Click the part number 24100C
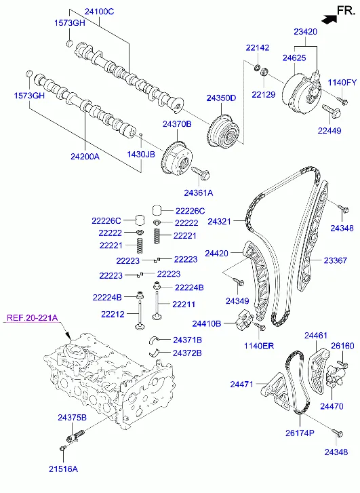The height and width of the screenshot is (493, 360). pyautogui.click(x=99, y=12)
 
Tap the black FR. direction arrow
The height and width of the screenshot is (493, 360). pyautogui.click(x=329, y=18)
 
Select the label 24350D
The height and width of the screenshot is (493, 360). pyautogui.click(x=221, y=98)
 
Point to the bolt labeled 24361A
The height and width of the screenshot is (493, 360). pyautogui.click(x=200, y=173)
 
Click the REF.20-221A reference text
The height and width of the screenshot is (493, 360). pyautogui.click(x=33, y=317)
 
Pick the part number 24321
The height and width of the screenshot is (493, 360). pyautogui.click(x=220, y=221)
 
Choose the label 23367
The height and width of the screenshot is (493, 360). pyautogui.click(x=336, y=260)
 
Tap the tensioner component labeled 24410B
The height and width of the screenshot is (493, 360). pyautogui.click(x=243, y=319)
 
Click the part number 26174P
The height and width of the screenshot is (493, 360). pyautogui.click(x=300, y=433)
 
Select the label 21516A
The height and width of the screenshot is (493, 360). pyautogui.click(x=63, y=469)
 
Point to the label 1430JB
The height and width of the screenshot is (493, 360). pyautogui.click(x=141, y=155)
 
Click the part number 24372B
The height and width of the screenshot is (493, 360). pyautogui.click(x=187, y=353)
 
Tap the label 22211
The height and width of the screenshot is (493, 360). pyautogui.click(x=184, y=304)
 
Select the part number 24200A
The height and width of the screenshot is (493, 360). pyautogui.click(x=85, y=156)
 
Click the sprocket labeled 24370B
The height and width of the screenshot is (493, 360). pyautogui.click(x=177, y=158)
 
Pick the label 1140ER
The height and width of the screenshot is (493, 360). pyautogui.click(x=259, y=346)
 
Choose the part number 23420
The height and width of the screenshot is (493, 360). pyautogui.click(x=306, y=32)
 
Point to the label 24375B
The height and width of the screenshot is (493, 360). pyautogui.click(x=72, y=418)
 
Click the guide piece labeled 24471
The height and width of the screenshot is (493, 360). pyautogui.click(x=276, y=391)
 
